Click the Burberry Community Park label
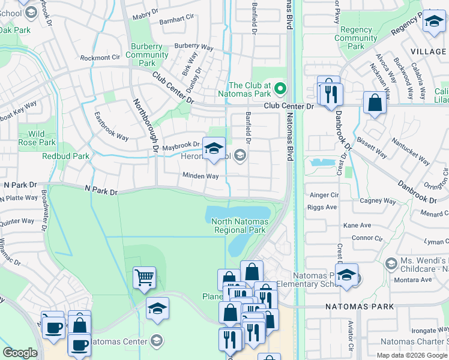pos(146,55)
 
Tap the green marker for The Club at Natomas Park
pos(280,90)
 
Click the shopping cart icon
pos(144,278)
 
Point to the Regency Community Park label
pos(356,38)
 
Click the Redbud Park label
pos(65,156)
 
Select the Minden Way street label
pos(200,176)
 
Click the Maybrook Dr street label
pos(180,145)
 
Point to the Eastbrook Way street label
pos(112,127)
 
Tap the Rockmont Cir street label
pos(100,58)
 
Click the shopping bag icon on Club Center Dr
pos(375,103)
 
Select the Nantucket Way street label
pos(411,152)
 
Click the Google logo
pos(20,353)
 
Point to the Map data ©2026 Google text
pos(412,355)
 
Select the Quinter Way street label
pos(17,221)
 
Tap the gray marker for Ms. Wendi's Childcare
pos(391,264)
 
